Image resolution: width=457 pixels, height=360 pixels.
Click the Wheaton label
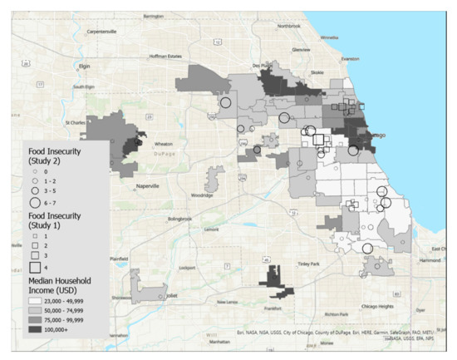pyautogui.click(x=159, y=143)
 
